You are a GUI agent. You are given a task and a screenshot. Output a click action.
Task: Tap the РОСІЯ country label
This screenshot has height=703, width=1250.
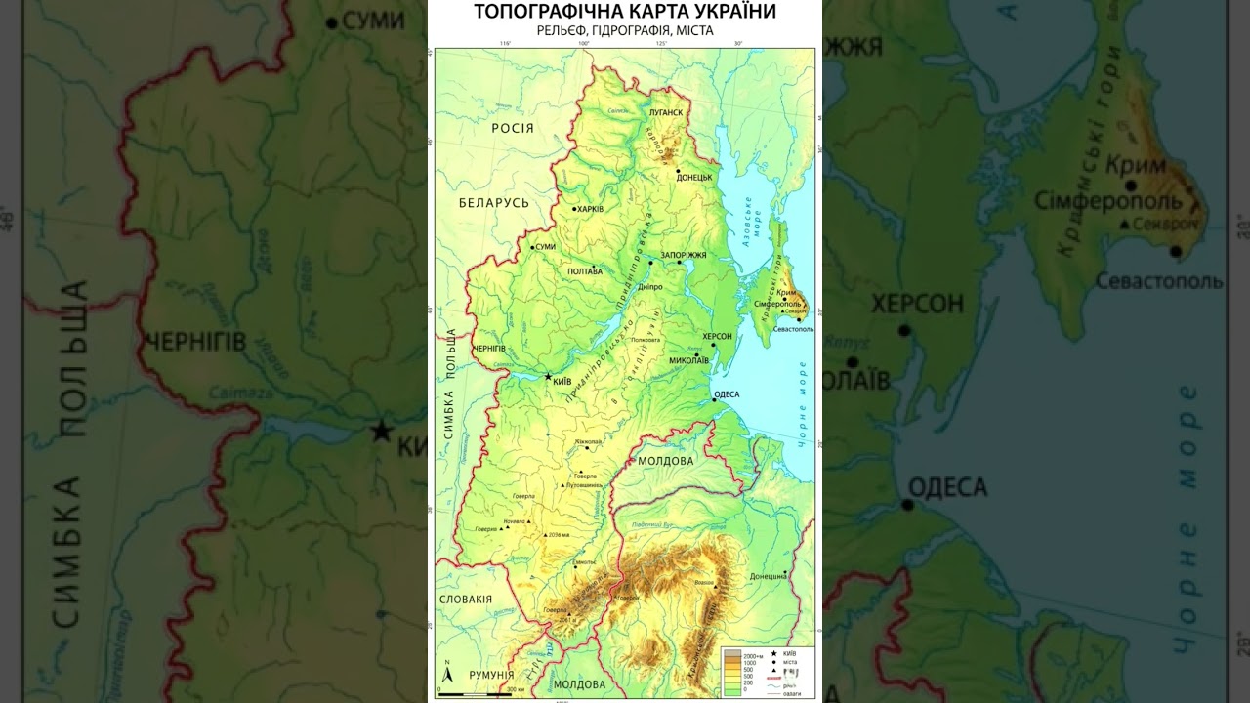click(x=513, y=128)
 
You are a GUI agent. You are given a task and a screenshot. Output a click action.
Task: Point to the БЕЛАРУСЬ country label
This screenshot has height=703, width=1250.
click(x=494, y=203)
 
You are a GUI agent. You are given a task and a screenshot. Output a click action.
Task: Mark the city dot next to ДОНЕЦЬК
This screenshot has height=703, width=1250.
click(x=678, y=171)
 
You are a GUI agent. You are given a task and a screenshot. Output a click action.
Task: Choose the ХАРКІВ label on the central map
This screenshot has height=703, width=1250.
click(x=590, y=209)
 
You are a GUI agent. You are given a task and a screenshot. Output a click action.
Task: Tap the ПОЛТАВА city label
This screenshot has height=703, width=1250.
click(x=585, y=271)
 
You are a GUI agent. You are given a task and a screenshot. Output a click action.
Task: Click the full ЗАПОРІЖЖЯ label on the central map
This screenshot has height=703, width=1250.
click(x=684, y=255)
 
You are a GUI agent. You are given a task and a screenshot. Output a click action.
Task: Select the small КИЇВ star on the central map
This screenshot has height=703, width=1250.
click(x=547, y=376)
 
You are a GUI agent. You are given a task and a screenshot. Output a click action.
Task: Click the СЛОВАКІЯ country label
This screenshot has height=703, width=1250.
click(x=466, y=600)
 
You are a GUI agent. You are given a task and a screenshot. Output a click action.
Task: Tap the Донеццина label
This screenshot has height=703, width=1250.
click(x=769, y=576)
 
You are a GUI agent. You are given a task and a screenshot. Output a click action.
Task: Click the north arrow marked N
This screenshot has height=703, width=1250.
click(x=447, y=673)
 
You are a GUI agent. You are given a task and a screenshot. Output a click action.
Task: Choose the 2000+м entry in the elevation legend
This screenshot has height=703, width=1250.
click(x=753, y=654)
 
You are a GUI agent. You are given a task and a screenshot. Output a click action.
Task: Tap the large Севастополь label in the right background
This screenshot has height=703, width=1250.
click(x=1158, y=282)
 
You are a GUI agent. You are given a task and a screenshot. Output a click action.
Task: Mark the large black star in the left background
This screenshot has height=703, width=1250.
click(x=381, y=431)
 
